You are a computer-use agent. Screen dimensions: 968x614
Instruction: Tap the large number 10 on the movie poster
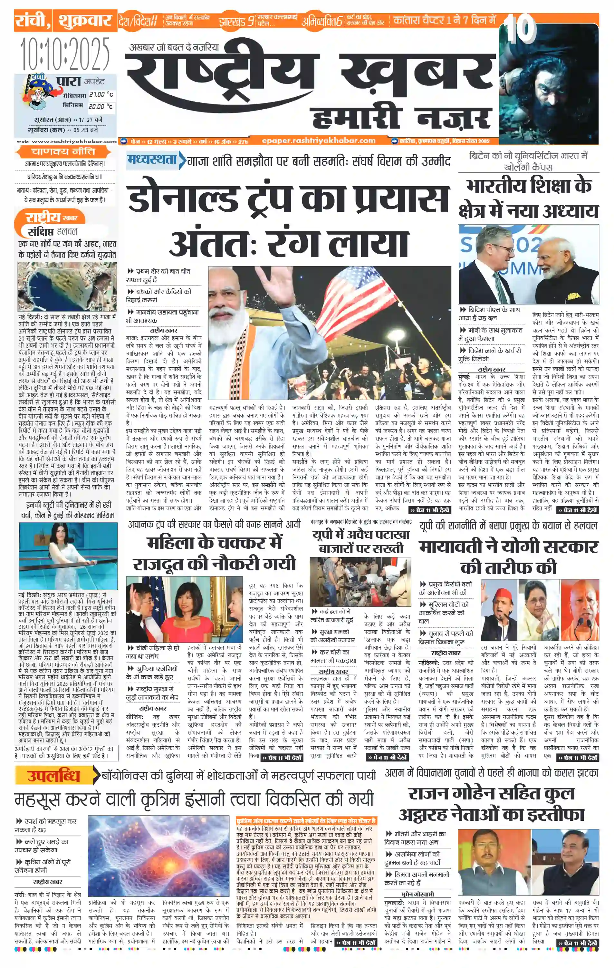521,29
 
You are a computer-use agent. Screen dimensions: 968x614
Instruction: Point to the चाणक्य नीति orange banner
63,151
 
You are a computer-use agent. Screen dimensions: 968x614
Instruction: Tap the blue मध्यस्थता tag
152,160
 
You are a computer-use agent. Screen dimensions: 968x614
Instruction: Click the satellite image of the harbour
67,286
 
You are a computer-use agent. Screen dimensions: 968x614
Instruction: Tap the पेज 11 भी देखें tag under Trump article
430,510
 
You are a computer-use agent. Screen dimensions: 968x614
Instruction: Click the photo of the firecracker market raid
360,581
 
